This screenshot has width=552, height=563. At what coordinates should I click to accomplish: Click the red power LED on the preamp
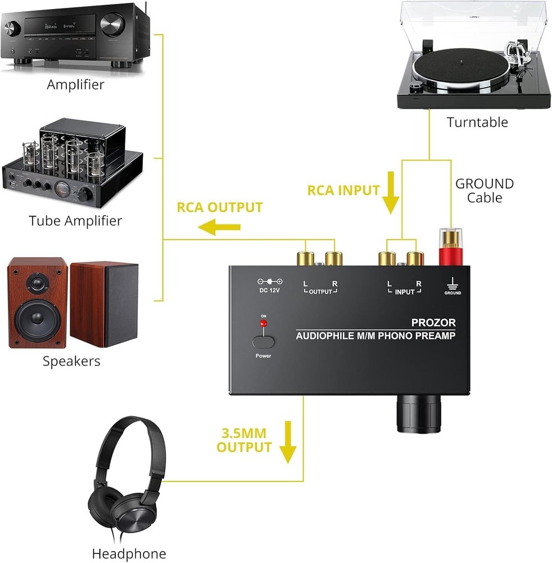262,325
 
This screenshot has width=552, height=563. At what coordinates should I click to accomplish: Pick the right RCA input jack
415,258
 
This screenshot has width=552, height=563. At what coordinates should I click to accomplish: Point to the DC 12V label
269,291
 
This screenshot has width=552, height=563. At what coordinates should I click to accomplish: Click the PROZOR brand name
433,323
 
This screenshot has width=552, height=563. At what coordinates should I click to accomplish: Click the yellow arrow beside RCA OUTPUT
221,227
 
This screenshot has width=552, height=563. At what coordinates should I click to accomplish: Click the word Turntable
477,122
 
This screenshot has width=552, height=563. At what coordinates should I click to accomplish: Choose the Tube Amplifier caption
75,220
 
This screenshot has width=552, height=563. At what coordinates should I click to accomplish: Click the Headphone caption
129,553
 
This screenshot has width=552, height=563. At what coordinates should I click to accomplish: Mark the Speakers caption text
71,361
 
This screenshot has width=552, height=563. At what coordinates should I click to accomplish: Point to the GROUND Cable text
484,190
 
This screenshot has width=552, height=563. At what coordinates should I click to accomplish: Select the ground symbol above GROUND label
453,284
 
